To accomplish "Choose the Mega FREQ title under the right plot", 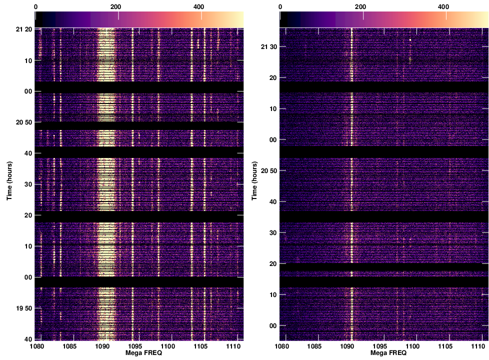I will (383, 353).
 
